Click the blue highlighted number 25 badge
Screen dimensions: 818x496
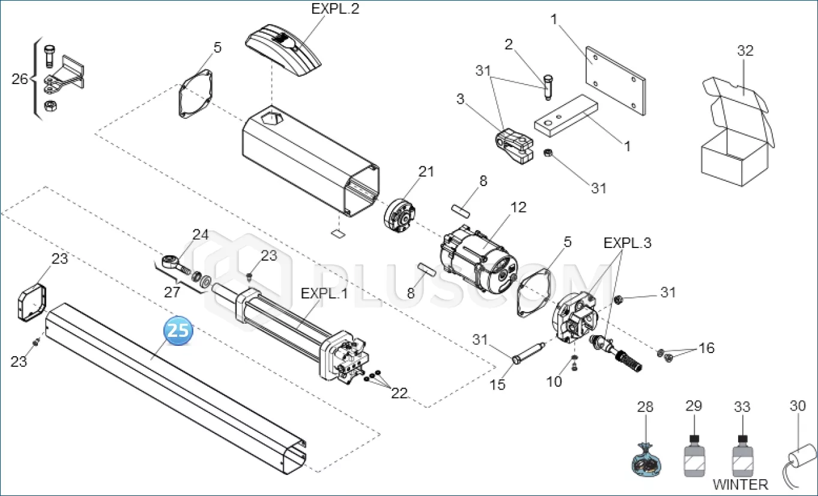178,330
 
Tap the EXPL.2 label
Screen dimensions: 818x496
335,9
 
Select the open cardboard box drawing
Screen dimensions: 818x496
738,132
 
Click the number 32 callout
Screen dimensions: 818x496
745,50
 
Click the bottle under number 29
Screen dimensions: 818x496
694,456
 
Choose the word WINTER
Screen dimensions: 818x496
740,485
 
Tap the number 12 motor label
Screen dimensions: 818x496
518,207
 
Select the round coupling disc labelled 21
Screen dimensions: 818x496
399,216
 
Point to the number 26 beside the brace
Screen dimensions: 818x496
20,79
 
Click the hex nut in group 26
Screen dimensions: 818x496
50,106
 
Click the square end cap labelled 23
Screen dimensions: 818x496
32,303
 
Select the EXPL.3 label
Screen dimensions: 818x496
627,243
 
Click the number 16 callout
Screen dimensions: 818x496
706,348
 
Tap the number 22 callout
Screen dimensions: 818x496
399,393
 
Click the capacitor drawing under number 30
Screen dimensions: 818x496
800,467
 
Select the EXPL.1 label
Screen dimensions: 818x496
324,293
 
